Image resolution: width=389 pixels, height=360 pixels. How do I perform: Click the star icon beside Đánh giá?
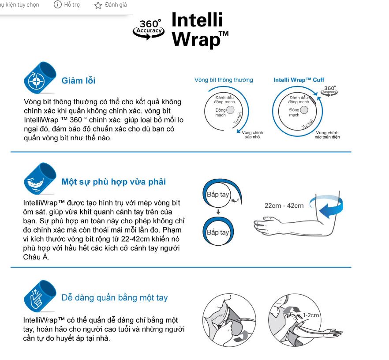coord(98,5)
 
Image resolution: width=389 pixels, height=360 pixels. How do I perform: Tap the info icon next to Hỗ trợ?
coord(57,4)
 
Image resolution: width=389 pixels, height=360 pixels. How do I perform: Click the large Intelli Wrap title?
coord(200,30)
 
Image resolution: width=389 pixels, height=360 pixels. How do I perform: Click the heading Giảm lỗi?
coord(79,81)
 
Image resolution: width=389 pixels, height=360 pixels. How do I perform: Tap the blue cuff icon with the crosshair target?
coord(40,78)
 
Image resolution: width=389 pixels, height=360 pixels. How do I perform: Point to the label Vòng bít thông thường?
coord(224,80)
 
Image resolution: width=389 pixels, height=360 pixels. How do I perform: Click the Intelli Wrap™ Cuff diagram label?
coord(299,80)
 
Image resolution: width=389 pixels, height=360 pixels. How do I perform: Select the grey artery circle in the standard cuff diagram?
coord(230,110)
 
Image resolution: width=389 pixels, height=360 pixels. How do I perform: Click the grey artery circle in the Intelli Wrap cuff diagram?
coord(304,110)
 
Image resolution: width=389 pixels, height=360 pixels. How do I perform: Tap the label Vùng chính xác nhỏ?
coord(252,135)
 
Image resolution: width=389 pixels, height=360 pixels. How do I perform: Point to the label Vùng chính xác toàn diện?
coord(327,135)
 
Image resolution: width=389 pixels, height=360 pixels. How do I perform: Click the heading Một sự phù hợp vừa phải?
coord(114,182)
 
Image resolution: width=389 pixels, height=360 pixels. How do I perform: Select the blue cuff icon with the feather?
coord(40,179)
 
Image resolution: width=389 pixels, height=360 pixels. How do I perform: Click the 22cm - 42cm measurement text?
coord(284,206)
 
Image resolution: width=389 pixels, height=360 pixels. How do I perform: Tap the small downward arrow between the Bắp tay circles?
coord(218,212)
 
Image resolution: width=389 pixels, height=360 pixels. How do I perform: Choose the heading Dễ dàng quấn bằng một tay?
coord(115,297)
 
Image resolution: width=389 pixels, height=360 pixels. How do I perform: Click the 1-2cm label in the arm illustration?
coord(311,315)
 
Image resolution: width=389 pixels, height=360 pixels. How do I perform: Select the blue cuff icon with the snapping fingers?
coord(40,296)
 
